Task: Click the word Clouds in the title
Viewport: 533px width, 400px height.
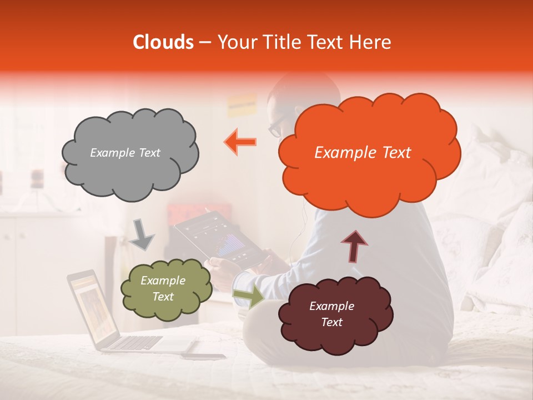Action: point(163,42)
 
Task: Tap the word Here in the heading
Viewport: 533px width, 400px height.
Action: point(370,42)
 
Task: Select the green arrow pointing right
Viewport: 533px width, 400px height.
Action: point(249,297)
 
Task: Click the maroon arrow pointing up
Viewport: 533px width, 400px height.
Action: point(354,246)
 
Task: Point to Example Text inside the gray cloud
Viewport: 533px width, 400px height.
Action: point(125,153)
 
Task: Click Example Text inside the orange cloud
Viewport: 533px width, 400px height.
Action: point(363,153)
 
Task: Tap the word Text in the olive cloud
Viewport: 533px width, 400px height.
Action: point(163,297)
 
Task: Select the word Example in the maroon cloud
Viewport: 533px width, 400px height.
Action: point(331,306)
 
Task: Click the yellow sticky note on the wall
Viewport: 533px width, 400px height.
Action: point(242,104)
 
